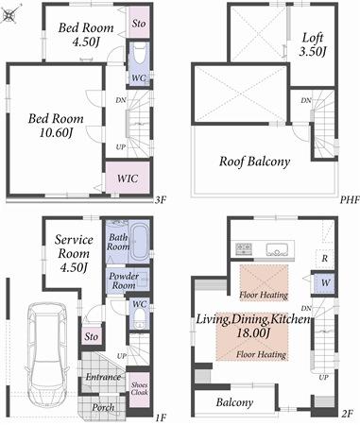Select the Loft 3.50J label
[313, 45]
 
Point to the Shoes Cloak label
[137, 385]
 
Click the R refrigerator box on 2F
[324, 257]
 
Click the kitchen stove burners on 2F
[243, 249]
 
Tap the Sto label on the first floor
[92, 335]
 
